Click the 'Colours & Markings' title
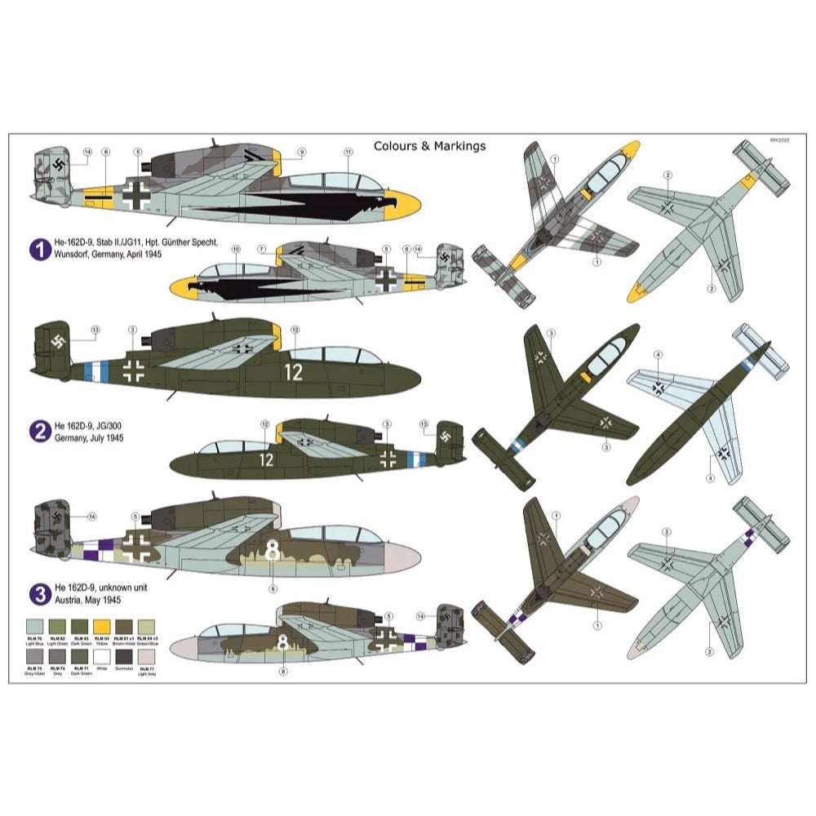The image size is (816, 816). [x=429, y=146]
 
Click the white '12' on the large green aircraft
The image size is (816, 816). [x=294, y=372]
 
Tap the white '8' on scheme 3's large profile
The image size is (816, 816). [x=273, y=552]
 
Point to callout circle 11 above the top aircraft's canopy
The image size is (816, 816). [x=348, y=152]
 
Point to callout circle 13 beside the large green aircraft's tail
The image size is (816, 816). [x=95, y=330]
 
